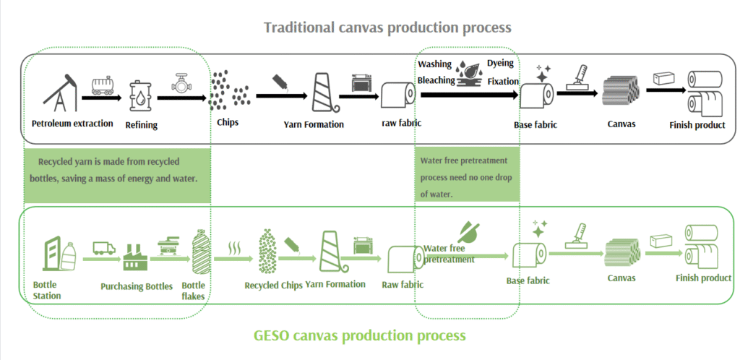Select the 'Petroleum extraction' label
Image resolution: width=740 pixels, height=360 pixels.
72,123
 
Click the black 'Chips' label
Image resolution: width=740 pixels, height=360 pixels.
228,122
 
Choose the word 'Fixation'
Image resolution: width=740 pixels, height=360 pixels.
503,81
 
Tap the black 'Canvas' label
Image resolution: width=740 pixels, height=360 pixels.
621,124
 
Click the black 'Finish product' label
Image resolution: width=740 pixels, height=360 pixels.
698,124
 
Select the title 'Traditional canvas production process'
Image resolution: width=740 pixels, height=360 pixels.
387,27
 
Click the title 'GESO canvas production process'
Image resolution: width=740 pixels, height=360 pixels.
360,335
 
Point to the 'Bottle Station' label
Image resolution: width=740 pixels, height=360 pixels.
47,290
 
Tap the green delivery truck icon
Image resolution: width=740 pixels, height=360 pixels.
104,249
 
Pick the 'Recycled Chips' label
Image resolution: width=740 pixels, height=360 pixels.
272,285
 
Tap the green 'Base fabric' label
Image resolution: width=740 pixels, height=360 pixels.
528,280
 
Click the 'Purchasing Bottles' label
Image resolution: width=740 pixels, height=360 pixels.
137,286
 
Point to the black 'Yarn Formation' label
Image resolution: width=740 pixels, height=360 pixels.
314,124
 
